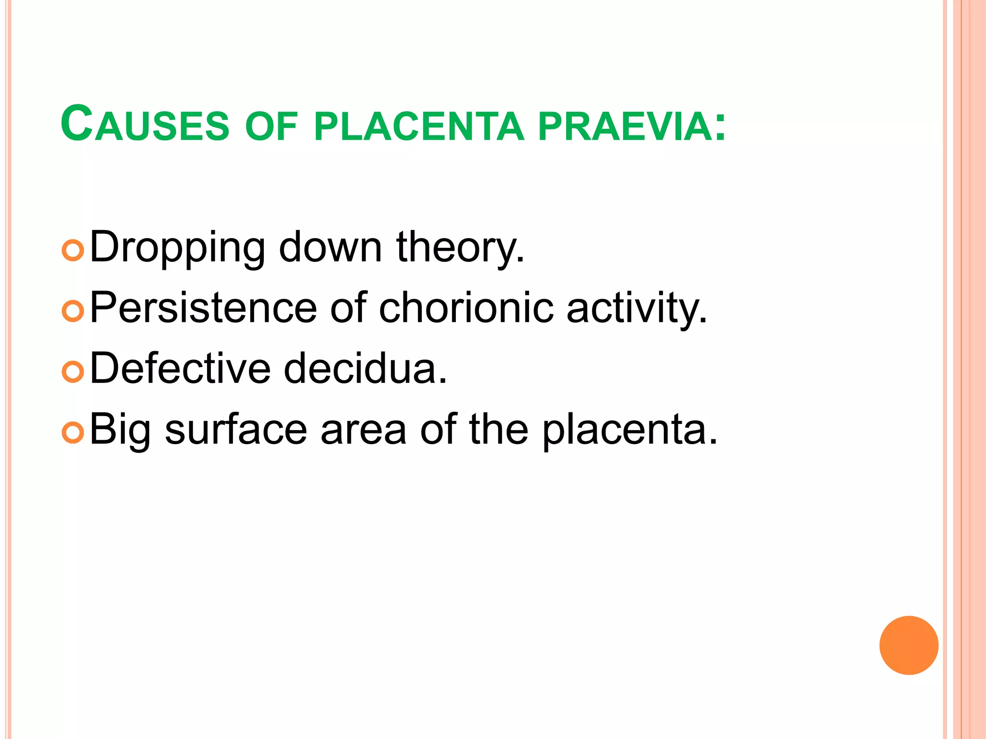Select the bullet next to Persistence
pos(73,311)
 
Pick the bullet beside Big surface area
pos(73,433)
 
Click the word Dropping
pos(177,248)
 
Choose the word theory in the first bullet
pos(460,247)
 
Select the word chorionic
pos(466,308)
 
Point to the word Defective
pos(180,369)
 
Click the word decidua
pos(365,369)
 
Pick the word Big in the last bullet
pos(120,430)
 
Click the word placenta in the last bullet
pos(629,430)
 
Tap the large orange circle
pos(908,645)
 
